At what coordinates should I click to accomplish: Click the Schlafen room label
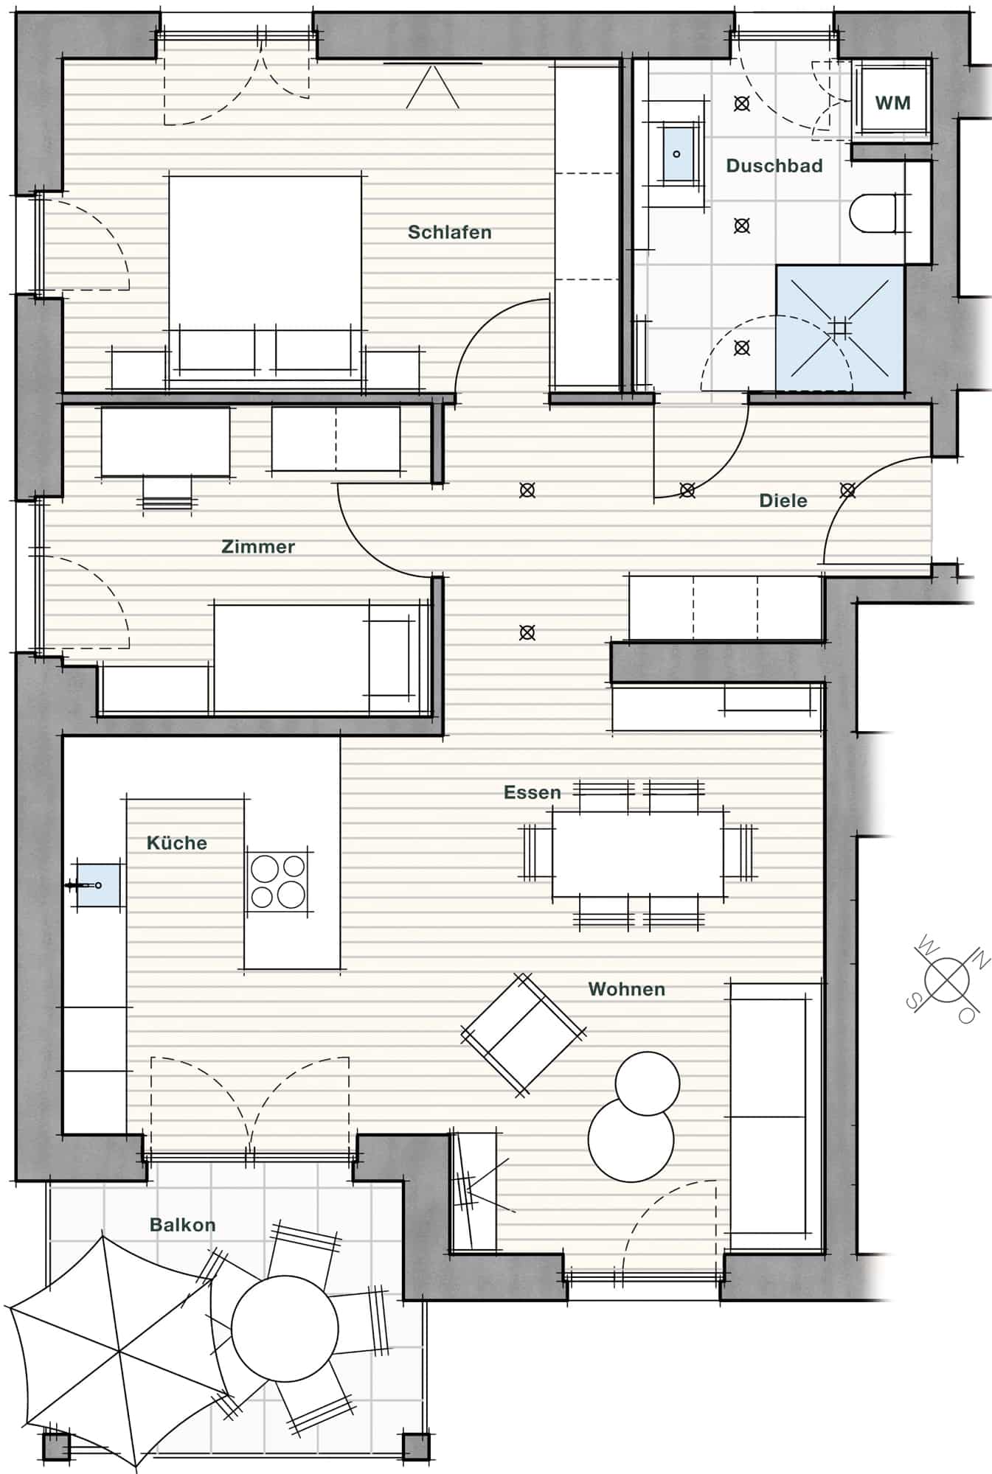449,232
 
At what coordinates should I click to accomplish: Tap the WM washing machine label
892,103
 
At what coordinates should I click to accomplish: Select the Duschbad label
774,166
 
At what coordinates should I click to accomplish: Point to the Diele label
783,500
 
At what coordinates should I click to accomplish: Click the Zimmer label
258,547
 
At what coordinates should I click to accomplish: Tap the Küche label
176,843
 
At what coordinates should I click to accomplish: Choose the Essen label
533,792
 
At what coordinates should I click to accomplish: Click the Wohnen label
627,989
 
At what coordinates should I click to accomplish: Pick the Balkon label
183,1225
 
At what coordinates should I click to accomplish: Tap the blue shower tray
840,329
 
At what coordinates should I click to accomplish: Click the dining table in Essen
638,853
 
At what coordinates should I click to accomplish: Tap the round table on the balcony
285,1329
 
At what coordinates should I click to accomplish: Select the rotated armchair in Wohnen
524,1033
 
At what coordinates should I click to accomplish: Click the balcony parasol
118,1352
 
